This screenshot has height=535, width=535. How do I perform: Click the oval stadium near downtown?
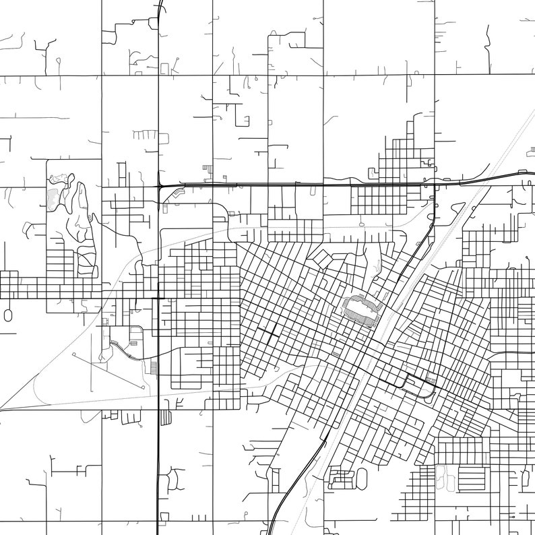click(x=363, y=309)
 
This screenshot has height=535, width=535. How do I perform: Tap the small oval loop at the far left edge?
click(x=8, y=315)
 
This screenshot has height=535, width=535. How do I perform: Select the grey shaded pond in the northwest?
click(x=53, y=198)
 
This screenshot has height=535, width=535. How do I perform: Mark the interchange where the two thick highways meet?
click(x=159, y=185)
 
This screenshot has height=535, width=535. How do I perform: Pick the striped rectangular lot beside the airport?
click(x=154, y=368)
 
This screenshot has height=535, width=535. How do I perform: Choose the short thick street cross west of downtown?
click(x=267, y=334)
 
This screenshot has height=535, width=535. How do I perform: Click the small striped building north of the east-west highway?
click(x=206, y=168)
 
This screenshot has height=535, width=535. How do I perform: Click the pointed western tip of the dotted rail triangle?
click(x=3, y=408)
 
